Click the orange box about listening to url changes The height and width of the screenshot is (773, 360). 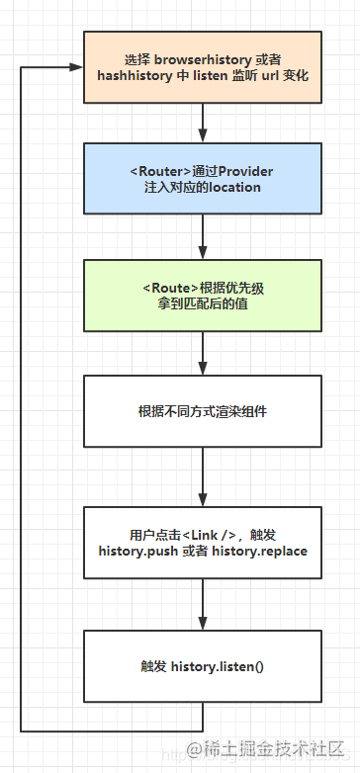[x=203, y=66]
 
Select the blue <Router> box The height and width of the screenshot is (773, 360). [x=203, y=179]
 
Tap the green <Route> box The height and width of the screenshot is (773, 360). [x=203, y=295]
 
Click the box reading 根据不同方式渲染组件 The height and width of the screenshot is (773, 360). [x=203, y=410]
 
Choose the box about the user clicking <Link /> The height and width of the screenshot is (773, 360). [x=203, y=542]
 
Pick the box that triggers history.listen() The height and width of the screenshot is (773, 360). [x=203, y=665]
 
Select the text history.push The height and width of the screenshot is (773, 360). [x=139, y=550]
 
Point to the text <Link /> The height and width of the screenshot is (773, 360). [x=208, y=534]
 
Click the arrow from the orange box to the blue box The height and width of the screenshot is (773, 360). [x=203, y=123]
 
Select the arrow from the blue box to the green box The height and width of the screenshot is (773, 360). [x=203, y=237]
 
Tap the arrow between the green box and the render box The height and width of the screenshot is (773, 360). [x=203, y=353]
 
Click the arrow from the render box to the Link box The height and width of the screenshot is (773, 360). [x=203, y=476]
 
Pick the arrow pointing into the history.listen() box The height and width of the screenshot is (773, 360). [x=203, y=604]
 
